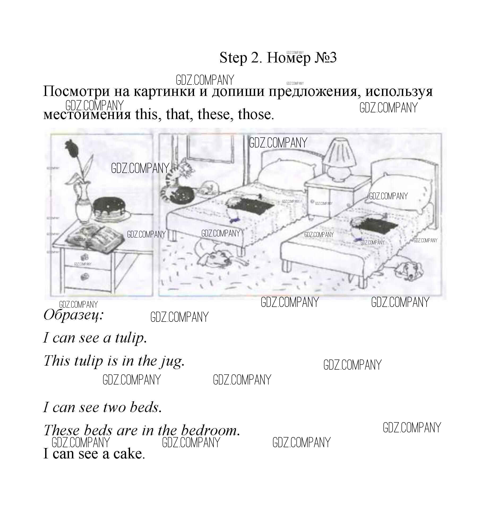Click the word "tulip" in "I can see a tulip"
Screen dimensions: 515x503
coord(130,338)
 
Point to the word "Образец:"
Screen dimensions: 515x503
coord(73,315)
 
